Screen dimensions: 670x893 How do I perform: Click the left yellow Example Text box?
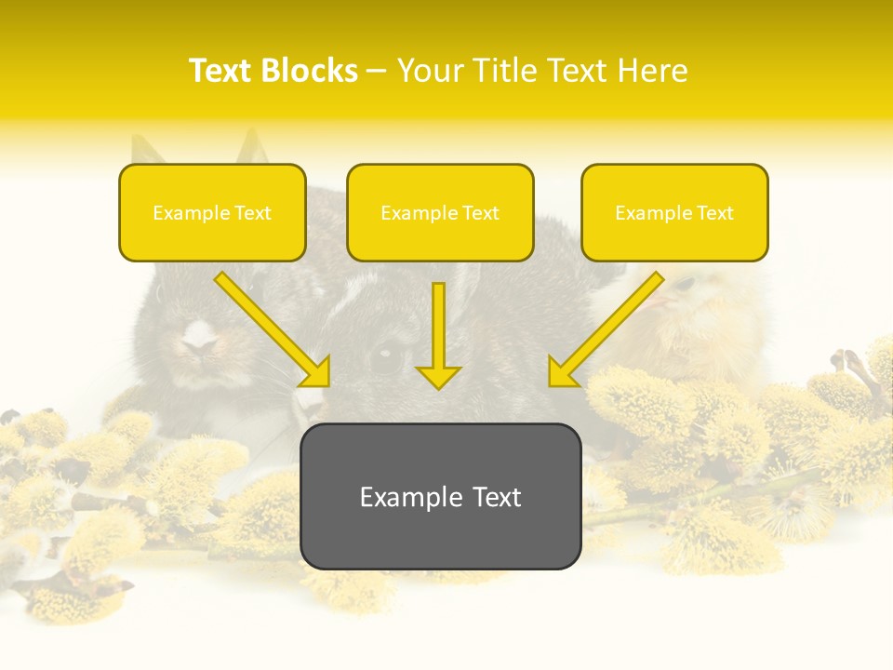(212, 212)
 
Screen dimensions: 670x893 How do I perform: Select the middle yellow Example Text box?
(440, 212)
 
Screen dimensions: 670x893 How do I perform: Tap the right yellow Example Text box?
(674, 212)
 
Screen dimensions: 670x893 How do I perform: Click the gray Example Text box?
(440, 496)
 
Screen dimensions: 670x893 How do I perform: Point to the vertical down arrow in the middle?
(438, 335)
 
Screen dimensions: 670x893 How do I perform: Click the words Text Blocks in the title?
(273, 70)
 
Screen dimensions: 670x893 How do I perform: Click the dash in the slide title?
(377, 71)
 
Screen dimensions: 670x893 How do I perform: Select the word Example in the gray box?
(409, 497)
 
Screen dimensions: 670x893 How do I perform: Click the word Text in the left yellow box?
(252, 213)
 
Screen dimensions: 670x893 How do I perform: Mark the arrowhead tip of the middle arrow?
(438, 387)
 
